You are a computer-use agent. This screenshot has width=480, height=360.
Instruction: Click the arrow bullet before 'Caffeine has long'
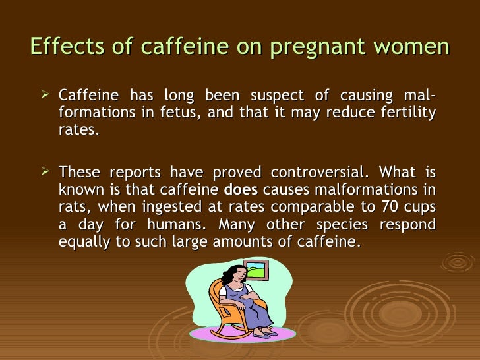pos(45,97)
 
